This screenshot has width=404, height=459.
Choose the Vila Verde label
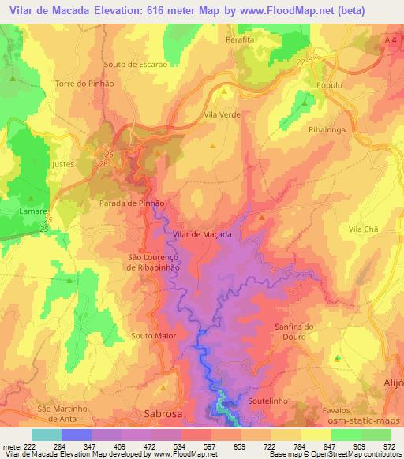pos(222,114)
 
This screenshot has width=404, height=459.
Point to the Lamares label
pos(36,212)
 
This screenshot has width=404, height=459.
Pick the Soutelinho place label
pos(271,401)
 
